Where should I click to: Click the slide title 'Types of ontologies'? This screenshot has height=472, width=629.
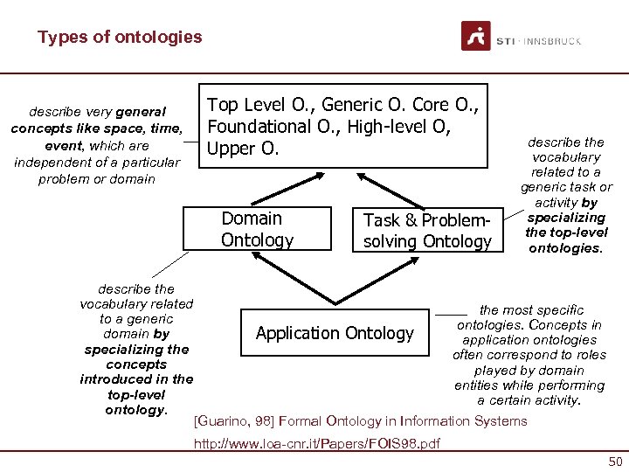pyautogui.click(x=120, y=38)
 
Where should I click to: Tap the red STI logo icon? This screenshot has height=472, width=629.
pyautogui.click(x=476, y=37)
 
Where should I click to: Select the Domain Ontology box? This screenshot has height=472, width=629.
pyautogui.click(x=257, y=229)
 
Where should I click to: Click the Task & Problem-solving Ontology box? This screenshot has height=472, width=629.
pyautogui.click(x=427, y=231)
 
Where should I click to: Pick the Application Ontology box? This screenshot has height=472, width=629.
pyautogui.click(x=335, y=333)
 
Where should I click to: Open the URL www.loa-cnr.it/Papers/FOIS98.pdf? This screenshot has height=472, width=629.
pyautogui.click(x=316, y=443)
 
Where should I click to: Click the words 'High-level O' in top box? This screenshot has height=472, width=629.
pyautogui.click(x=397, y=127)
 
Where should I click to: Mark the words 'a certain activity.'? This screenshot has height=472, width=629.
pyautogui.click(x=529, y=400)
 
